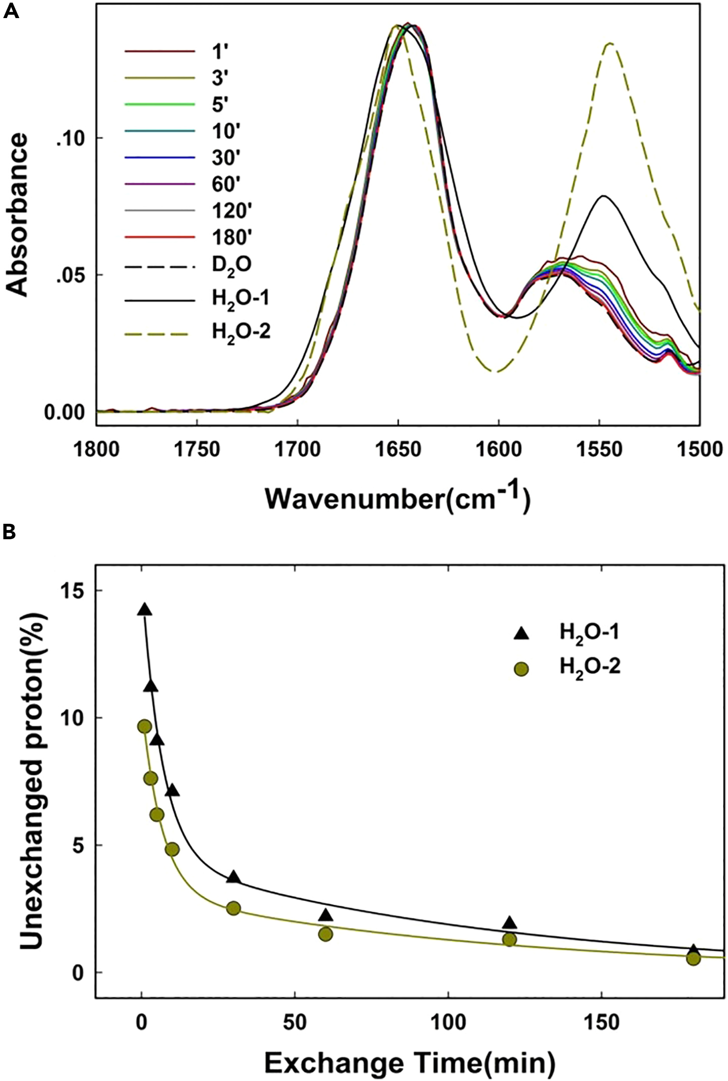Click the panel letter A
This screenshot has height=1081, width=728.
coord(11,10)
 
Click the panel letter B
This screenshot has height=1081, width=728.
coord(9,532)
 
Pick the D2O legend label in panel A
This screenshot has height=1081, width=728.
coord(232,265)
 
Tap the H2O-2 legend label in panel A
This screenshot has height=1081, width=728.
coord(241,332)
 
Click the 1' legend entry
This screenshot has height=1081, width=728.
coord(218,52)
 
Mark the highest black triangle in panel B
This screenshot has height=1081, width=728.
coord(144,610)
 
